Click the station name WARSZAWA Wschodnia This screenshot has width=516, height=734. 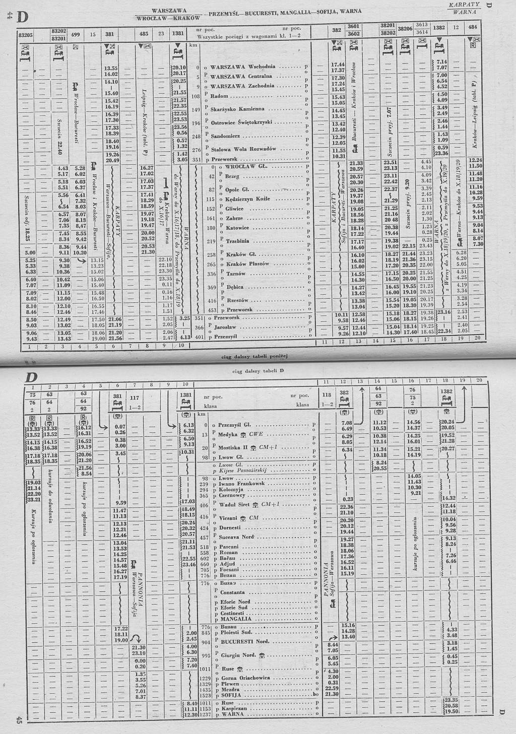[x=243, y=66]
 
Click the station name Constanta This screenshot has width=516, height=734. [x=232, y=592]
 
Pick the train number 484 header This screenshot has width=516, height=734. [x=472, y=27]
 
